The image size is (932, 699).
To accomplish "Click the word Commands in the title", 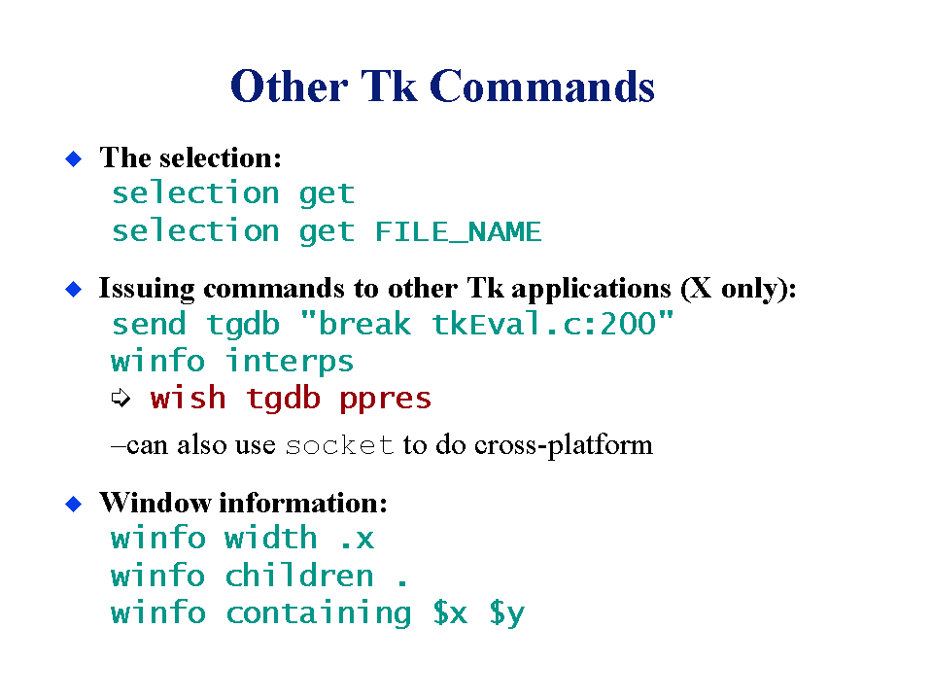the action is (x=541, y=87).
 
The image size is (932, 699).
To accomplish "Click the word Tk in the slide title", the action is (x=389, y=87).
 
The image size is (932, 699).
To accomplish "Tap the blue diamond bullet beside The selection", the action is (x=73, y=158).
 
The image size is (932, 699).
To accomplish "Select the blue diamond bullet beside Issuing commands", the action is (x=73, y=290).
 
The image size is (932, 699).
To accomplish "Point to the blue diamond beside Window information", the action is (x=73, y=504).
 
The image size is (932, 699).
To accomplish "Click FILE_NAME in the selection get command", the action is (x=459, y=231).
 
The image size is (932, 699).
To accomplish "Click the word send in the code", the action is (x=149, y=325).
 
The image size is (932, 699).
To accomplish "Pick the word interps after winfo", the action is (x=290, y=362).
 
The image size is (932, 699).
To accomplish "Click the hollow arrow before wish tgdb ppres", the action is (x=121, y=398).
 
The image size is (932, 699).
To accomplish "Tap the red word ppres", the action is (x=385, y=400).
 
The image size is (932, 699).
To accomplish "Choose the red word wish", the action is (x=188, y=398).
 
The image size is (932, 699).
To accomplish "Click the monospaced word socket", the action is (x=339, y=446).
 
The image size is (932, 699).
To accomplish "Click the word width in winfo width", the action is (x=271, y=538).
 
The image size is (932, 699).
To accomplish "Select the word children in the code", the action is (x=299, y=576).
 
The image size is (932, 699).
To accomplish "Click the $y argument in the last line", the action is (x=507, y=614).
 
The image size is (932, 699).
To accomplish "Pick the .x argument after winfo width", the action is (x=358, y=540).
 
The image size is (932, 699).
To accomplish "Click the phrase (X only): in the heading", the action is (x=739, y=290).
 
